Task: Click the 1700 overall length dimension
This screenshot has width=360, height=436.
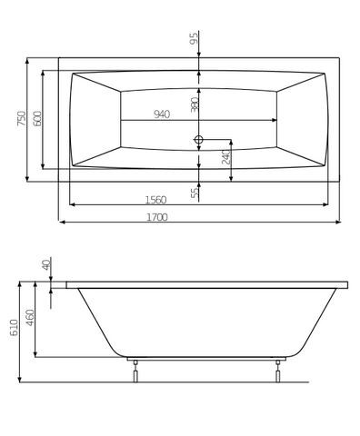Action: click(163, 216)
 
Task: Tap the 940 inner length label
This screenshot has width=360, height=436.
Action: click(161, 114)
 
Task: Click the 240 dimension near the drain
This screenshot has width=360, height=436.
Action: click(225, 157)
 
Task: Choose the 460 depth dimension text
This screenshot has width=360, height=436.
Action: click(30, 318)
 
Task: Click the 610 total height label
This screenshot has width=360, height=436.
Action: click(14, 328)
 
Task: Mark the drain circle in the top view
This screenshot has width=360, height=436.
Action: click(197, 140)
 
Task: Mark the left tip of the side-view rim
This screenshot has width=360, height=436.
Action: click(66, 284)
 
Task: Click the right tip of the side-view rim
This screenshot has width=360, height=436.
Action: click(346, 284)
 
